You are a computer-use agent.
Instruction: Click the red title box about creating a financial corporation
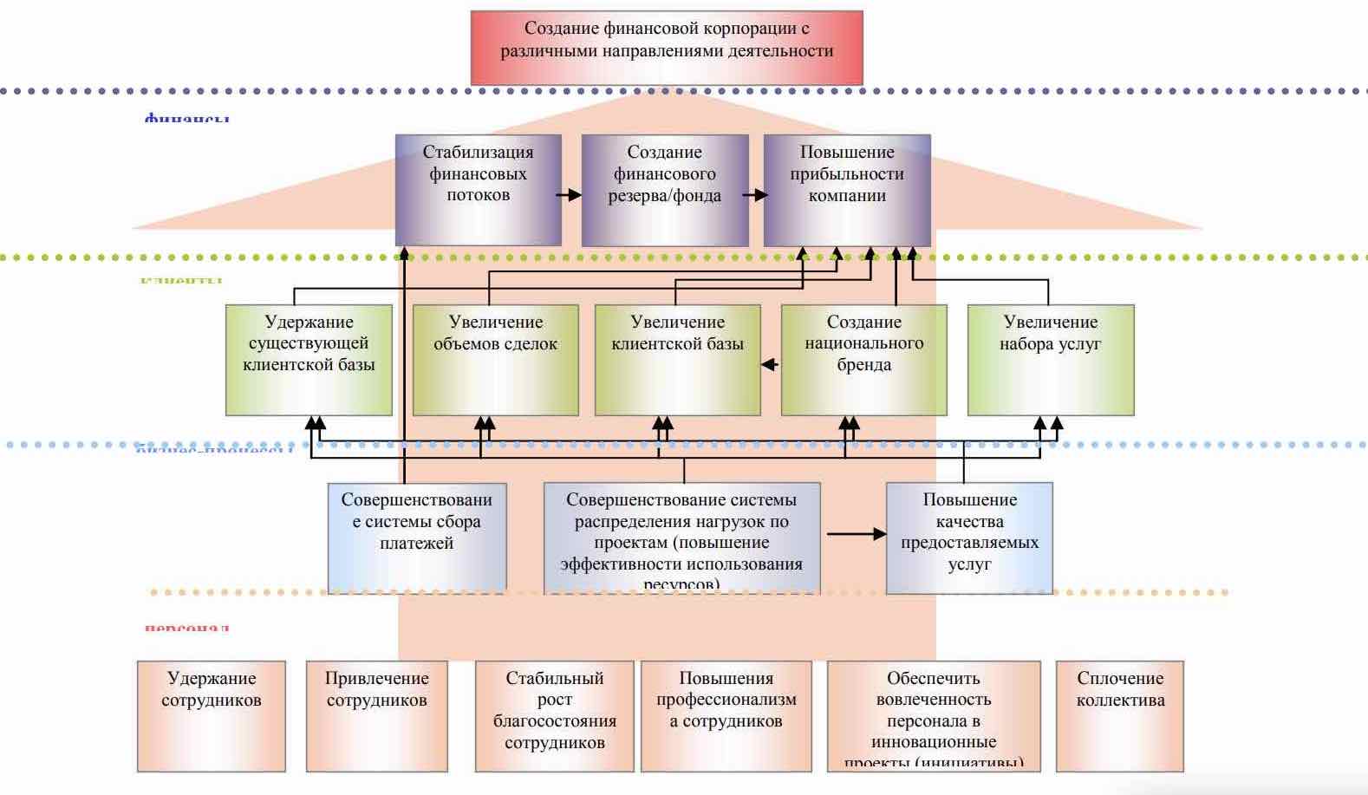pos(666,47)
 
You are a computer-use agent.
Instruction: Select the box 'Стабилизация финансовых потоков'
pos(478,190)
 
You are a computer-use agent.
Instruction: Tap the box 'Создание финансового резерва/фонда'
pos(664,190)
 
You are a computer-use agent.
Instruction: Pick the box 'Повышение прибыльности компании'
pos(846,190)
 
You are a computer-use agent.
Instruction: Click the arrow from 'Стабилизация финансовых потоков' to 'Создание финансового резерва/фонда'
pos(570,195)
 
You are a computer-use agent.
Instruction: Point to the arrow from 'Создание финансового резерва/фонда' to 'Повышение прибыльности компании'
pos(755,195)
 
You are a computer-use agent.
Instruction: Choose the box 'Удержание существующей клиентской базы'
pos(309,360)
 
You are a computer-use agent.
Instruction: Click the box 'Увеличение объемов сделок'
pos(495,360)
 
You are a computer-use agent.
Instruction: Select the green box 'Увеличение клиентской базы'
pos(677,360)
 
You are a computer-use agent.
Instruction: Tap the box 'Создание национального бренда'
pos(863,360)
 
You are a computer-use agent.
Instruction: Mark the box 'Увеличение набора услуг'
pos(1050,360)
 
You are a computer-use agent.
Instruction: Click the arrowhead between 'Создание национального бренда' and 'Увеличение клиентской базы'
pos(769,365)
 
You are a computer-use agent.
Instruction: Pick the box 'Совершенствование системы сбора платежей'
pos(416,538)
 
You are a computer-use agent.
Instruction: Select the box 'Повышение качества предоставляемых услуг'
pos(969,538)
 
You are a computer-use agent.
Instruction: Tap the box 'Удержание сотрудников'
pos(211,716)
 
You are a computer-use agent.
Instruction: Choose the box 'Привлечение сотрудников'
pos(376,716)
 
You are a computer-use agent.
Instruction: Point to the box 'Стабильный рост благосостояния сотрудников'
pos(554,716)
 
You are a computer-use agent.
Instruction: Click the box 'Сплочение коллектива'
pos(1119,716)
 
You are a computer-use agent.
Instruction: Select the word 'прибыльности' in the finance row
pos(847,173)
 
